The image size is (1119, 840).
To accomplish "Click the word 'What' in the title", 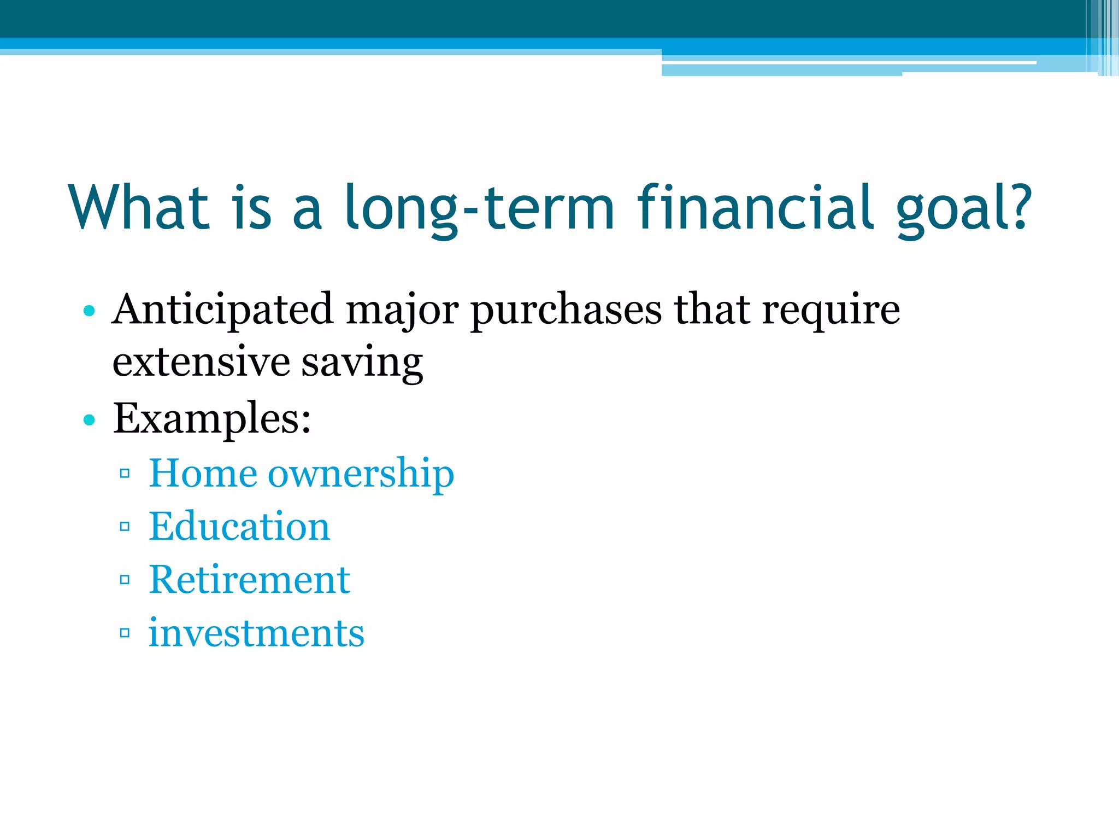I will [x=139, y=208].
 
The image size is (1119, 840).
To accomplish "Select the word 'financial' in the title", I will [x=756, y=208].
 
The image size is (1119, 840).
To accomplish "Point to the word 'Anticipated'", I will [x=222, y=310].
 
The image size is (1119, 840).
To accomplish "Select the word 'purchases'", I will [x=566, y=310].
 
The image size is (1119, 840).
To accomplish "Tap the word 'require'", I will [x=831, y=310].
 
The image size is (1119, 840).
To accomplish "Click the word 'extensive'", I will [x=201, y=362].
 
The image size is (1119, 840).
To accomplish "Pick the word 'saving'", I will [x=362, y=362].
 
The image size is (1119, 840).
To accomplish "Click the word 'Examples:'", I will [x=212, y=418].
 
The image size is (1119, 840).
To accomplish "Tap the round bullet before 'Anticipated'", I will [x=89, y=311].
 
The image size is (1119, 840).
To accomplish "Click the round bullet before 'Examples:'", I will [x=89, y=420].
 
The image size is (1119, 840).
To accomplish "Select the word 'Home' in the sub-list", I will [x=203, y=473].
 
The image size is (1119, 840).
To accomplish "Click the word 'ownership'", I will [x=361, y=473].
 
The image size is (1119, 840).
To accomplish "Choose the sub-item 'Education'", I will [x=239, y=526].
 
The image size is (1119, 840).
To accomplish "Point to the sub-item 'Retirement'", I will [x=249, y=580].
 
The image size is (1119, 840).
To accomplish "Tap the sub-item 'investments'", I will [x=256, y=633].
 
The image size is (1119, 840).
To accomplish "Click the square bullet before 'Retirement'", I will [x=125, y=580].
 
